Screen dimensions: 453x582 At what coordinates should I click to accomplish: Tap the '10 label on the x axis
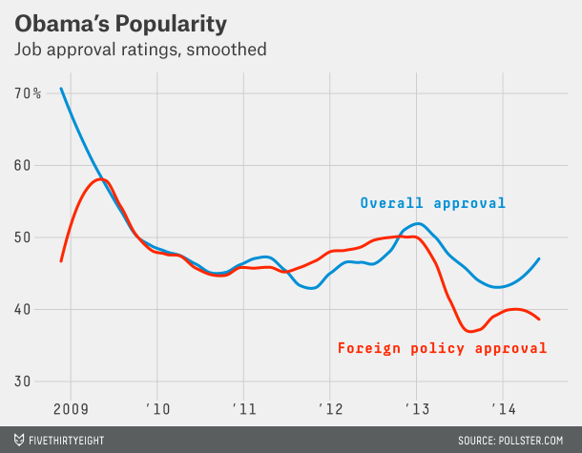(158, 410)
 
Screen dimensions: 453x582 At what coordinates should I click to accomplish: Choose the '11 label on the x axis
(243, 410)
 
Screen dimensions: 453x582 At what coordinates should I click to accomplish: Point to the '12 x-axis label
(329, 410)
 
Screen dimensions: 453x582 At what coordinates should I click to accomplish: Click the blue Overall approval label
(432, 203)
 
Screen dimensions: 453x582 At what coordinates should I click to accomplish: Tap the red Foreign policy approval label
(443, 348)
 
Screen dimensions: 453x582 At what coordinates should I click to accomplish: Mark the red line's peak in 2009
(100, 179)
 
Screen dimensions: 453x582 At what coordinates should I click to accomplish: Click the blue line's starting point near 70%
(61, 89)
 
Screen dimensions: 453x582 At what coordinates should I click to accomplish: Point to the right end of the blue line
(540, 258)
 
